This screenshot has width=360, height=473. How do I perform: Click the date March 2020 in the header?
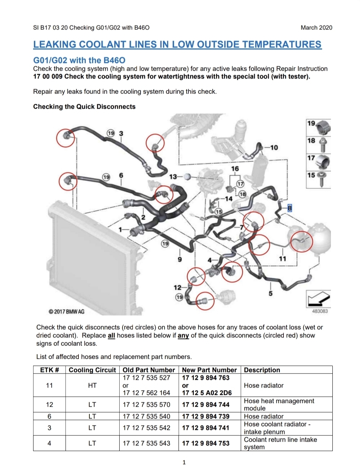316,28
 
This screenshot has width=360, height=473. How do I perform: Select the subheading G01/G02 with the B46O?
79,60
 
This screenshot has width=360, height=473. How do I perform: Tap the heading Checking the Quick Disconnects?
84,106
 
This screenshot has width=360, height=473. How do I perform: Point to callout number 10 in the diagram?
274,148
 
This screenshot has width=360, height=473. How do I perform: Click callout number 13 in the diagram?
173,177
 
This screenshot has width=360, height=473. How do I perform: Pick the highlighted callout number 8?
290,208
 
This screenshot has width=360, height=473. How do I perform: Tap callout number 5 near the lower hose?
271,293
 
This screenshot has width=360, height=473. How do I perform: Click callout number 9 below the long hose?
180,259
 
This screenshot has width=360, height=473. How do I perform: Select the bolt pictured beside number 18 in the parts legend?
323,145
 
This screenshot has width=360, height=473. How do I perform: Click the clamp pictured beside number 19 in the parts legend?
324,127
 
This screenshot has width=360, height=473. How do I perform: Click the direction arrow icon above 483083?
319,298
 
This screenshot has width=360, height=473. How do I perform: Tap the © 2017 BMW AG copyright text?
66,312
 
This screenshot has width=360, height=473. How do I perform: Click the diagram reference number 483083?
320,311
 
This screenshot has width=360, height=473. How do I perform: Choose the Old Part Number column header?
149,370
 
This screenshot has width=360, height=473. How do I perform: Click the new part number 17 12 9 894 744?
206,404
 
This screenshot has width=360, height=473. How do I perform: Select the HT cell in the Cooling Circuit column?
92,385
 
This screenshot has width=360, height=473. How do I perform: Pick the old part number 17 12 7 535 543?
147,443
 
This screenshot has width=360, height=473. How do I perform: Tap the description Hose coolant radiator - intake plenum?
277,428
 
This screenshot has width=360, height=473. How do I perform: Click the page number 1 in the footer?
184,462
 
